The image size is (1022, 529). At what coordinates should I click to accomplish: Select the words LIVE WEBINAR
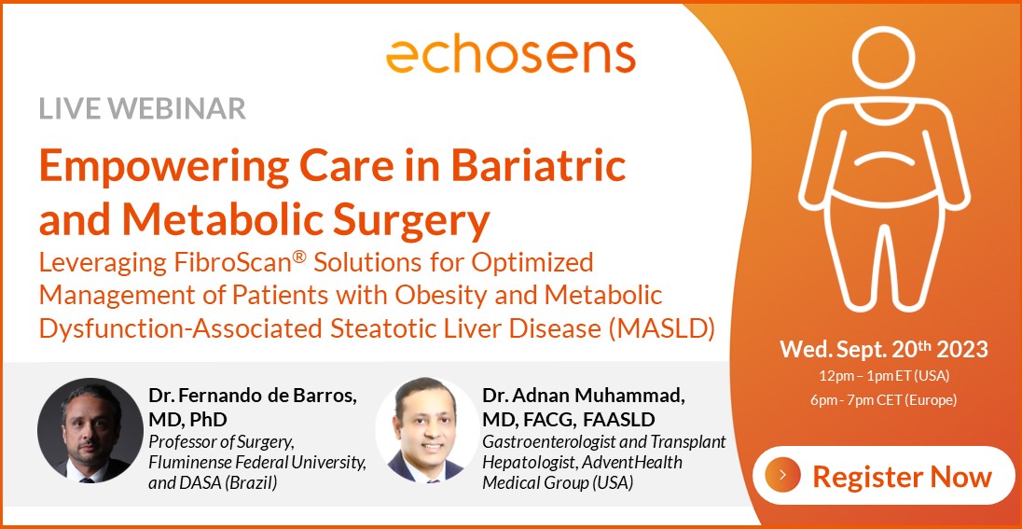[142, 108]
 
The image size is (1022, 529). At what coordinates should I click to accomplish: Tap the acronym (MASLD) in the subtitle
[661, 328]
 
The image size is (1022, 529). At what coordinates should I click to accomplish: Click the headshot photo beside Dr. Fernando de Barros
[90, 430]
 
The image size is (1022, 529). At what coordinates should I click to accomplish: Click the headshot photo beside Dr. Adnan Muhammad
[428, 430]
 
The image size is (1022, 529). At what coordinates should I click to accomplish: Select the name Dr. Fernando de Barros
[253, 396]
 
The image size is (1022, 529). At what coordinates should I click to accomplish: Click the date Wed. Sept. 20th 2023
[884, 350]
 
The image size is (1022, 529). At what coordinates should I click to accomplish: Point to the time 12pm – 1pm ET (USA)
[885, 376]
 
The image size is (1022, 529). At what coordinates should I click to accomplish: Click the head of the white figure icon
[884, 58]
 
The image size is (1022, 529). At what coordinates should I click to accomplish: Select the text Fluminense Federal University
[257, 463]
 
